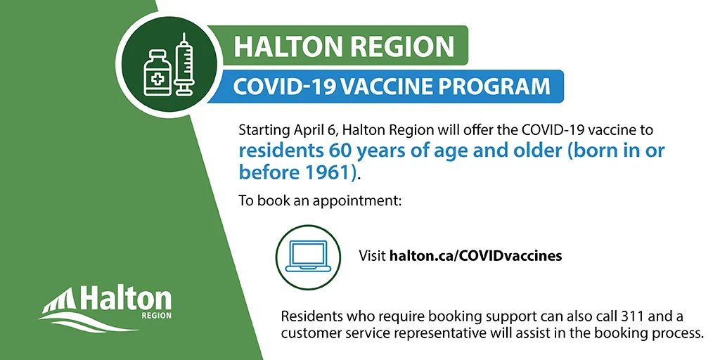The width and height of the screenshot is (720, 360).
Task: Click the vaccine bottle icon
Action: click(157, 73)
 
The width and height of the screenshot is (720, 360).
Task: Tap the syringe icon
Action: click(184, 64)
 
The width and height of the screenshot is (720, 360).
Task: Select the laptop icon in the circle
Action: click(308, 256)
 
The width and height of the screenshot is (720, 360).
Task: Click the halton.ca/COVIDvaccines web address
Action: click(476, 256)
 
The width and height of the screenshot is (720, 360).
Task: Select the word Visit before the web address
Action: click(372, 256)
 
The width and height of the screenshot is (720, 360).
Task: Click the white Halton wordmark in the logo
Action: click(126, 299)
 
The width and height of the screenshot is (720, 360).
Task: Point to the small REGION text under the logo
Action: click(157, 316)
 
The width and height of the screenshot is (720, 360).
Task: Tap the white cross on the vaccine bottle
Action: click(157, 79)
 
